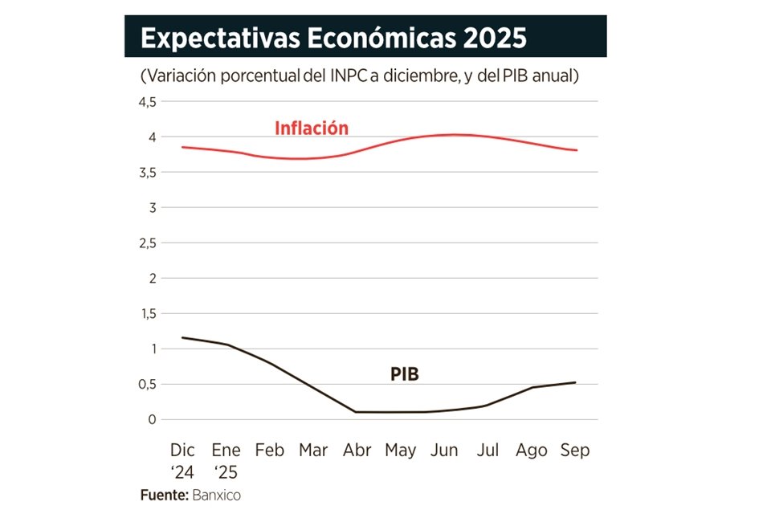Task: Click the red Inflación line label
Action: (312, 128)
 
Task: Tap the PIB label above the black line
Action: (405, 373)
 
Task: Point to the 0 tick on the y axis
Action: (150, 419)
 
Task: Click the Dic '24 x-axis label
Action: (183, 459)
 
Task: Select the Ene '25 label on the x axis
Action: (226, 459)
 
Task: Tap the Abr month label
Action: (357, 451)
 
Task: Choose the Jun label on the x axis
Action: (444, 451)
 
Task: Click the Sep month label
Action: (574, 451)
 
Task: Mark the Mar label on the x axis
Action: (313, 451)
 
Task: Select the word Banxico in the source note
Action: (216, 495)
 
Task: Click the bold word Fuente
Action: (165, 495)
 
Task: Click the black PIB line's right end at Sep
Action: (575, 382)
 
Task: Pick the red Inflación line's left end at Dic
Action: (183, 147)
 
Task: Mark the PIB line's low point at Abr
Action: (357, 412)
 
